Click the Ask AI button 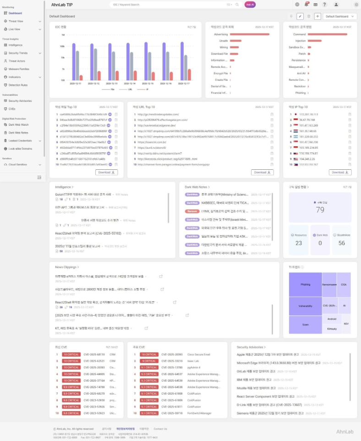click(x=250, y=4)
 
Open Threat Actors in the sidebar click(x=17, y=61)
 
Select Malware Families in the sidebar click(x=19, y=69)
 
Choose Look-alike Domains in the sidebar click(x=20, y=148)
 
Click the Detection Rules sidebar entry click(x=18, y=85)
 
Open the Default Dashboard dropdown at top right click(x=339, y=16)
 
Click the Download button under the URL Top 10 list click(x=262, y=172)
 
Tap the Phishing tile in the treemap click(x=306, y=285)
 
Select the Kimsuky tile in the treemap click(x=332, y=329)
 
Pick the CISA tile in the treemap click(x=344, y=285)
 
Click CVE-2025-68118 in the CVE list click(x=94, y=354)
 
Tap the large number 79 click(x=320, y=210)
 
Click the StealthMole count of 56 click(x=341, y=243)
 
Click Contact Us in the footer click(x=160, y=429)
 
